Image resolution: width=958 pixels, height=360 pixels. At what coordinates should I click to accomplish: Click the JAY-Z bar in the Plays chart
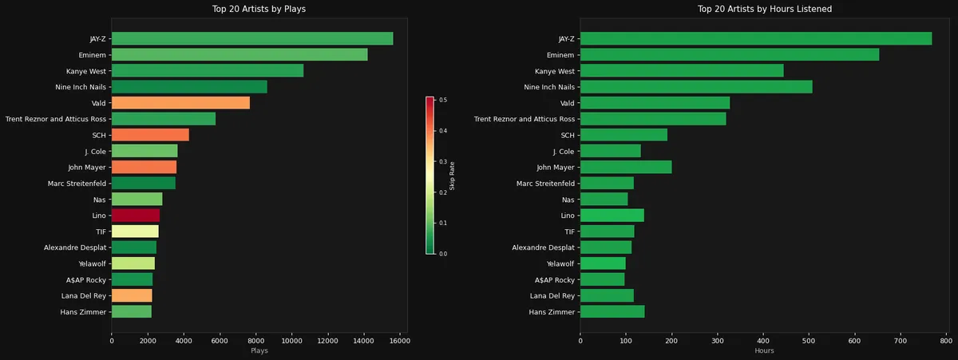point(251,38)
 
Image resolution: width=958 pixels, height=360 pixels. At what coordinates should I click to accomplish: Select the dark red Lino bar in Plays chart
point(135,216)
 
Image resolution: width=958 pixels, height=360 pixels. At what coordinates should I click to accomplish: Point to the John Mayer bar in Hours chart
point(625,167)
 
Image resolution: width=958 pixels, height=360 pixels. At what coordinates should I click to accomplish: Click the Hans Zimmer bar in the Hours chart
point(612,311)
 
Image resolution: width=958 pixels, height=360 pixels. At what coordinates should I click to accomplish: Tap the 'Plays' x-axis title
point(259,350)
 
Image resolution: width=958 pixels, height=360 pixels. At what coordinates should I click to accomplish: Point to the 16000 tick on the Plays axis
point(399,339)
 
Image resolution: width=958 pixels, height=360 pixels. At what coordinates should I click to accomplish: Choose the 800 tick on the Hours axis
point(946,339)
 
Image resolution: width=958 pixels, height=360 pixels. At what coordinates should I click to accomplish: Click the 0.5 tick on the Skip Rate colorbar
point(441,100)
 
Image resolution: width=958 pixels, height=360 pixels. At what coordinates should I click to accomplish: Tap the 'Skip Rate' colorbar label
point(453,176)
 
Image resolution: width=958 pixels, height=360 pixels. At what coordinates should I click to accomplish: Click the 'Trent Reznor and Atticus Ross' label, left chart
point(55,119)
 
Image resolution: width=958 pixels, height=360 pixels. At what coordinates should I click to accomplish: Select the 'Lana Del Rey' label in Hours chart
point(550,295)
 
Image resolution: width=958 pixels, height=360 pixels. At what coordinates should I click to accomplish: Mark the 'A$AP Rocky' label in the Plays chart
point(84,279)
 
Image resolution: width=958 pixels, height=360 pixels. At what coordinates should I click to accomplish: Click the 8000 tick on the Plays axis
point(255,339)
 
